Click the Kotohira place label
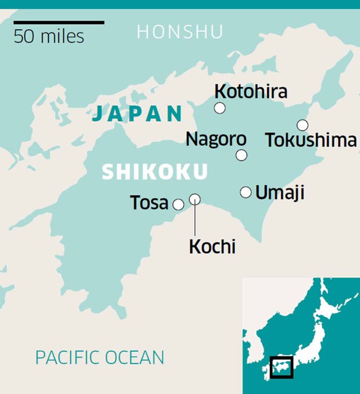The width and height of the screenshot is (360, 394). click(x=251, y=91)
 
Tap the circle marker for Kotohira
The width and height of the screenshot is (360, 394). click(x=220, y=108)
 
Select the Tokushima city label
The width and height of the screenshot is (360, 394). click(x=310, y=140)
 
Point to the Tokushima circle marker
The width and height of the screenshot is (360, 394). click(x=303, y=125)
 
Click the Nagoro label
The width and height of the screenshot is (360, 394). click(x=216, y=139)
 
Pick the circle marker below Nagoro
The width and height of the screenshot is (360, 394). click(x=241, y=155)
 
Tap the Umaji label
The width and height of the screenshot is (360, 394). click(x=280, y=192)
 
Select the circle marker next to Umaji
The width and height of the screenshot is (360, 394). click(x=246, y=192)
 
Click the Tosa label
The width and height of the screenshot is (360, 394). click(x=149, y=203)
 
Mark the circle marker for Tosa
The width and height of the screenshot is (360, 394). click(x=178, y=204)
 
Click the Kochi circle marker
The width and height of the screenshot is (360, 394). click(x=195, y=199)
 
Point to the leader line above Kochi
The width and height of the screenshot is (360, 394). click(x=195, y=220)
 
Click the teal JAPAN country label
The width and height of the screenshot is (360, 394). click(x=137, y=114)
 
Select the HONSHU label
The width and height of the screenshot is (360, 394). click(x=180, y=32)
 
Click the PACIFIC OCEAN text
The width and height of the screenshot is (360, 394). click(x=100, y=357)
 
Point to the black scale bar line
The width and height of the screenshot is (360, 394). click(x=59, y=23)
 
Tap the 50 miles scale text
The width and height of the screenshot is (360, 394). click(x=49, y=37)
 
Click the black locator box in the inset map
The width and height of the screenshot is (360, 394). click(x=281, y=368)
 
